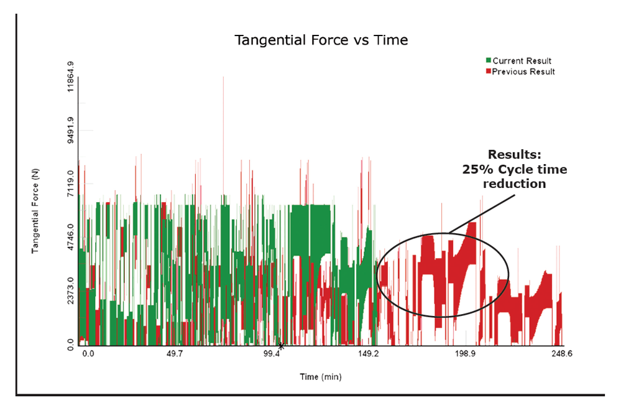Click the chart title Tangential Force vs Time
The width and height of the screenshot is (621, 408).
[321, 40]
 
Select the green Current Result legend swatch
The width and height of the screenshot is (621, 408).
[489, 60]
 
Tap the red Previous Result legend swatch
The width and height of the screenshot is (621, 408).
[489, 72]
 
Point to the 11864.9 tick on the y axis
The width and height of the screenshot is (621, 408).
[70, 77]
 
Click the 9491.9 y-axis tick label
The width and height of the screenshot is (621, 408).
[70, 131]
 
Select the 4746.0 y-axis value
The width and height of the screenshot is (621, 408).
[70, 237]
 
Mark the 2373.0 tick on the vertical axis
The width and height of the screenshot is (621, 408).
[70, 290]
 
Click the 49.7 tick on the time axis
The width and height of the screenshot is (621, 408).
[174, 353]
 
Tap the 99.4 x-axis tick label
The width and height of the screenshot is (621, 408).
[272, 353]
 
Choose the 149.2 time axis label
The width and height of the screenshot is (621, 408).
[369, 353]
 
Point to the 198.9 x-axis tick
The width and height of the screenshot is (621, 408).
[465, 353]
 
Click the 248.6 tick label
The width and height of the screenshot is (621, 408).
[562, 353]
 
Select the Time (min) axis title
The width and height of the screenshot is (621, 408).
[321, 377]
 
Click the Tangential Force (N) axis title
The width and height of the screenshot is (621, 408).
[35, 211]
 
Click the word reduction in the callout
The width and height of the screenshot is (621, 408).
[515, 184]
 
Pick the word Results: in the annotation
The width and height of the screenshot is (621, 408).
[515, 154]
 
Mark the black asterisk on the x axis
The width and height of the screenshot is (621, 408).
[281, 346]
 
